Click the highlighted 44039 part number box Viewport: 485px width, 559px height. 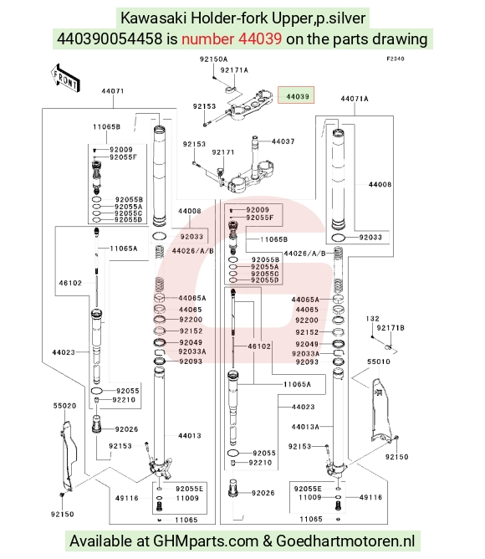[296, 95]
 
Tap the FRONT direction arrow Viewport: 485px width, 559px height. [65, 78]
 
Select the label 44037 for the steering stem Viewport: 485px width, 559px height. [283, 141]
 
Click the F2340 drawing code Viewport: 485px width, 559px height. [396, 59]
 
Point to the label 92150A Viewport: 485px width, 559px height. [213, 59]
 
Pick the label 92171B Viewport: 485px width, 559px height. [391, 328]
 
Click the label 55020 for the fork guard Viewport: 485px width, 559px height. [65, 406]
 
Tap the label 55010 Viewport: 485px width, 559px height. [379, 362]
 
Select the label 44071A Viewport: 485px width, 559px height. [355, 99]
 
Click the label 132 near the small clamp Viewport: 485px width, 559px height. [373, 319]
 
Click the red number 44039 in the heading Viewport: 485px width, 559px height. [232, 38]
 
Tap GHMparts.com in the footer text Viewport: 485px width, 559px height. [206, 541]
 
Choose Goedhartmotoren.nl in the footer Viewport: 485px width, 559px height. [345, 541]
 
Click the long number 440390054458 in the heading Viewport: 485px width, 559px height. [110, 38]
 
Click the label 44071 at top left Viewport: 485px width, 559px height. [113, 91]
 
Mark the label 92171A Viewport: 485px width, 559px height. [234, 70]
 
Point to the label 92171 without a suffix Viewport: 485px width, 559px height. [223, 152]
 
